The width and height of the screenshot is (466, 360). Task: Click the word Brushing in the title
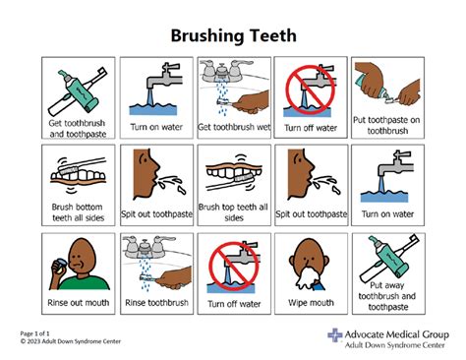(204, 35)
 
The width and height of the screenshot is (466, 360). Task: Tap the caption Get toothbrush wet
(233, 127)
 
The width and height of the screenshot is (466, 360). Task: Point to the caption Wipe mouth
(310, 301)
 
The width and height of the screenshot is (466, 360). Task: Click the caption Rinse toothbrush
(154, 301)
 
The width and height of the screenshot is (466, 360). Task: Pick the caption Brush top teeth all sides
(233, 213)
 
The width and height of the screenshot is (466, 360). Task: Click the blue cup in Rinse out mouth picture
(64, 261)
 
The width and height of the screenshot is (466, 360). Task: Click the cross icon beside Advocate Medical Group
(334, 337)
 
